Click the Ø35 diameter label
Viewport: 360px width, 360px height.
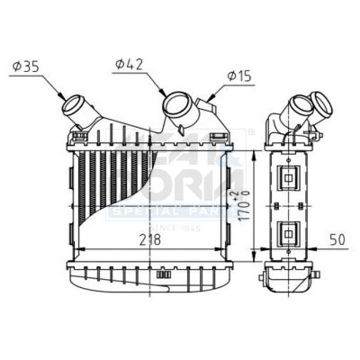[x=25, y=65]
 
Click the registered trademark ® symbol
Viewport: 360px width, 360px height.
[x=251, y=131]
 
